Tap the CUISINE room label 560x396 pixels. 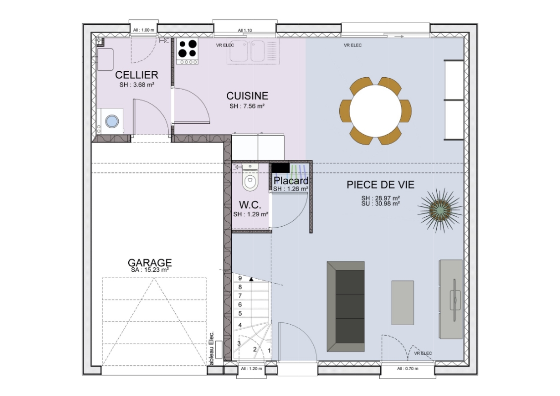pyautogui.click(x=247, y=96)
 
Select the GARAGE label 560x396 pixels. pyautogui.click(x=150, y=262)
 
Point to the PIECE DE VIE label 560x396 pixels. pyautogui.click(x=380, y=185)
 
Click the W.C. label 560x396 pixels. pyautogui.click(x=250, y=205)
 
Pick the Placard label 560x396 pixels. pyautogui.click(x=291, y=181)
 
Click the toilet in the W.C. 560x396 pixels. pyautogui.click(x=250, y=178)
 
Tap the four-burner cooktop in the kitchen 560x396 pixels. pyautogui.click(x=188, y=52)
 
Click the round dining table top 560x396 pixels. pyautogui.click(x=375, y=111)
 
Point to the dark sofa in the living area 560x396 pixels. pyautogui.click(x=345, y=306)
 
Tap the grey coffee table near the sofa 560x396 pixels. pyautogui.click(x=403, y=302)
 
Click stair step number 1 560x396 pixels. pyautogui.click(x=269, y=351)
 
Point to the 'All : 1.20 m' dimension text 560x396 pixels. pyautogui.click(x=252, y=368)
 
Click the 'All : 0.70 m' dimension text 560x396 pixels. pyautogui.click(x=407, y=368)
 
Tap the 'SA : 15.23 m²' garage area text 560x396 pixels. pyautogui.click(x=150, y=270)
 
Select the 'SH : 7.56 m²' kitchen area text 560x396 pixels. pyautogui.click(x=247, y=106)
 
